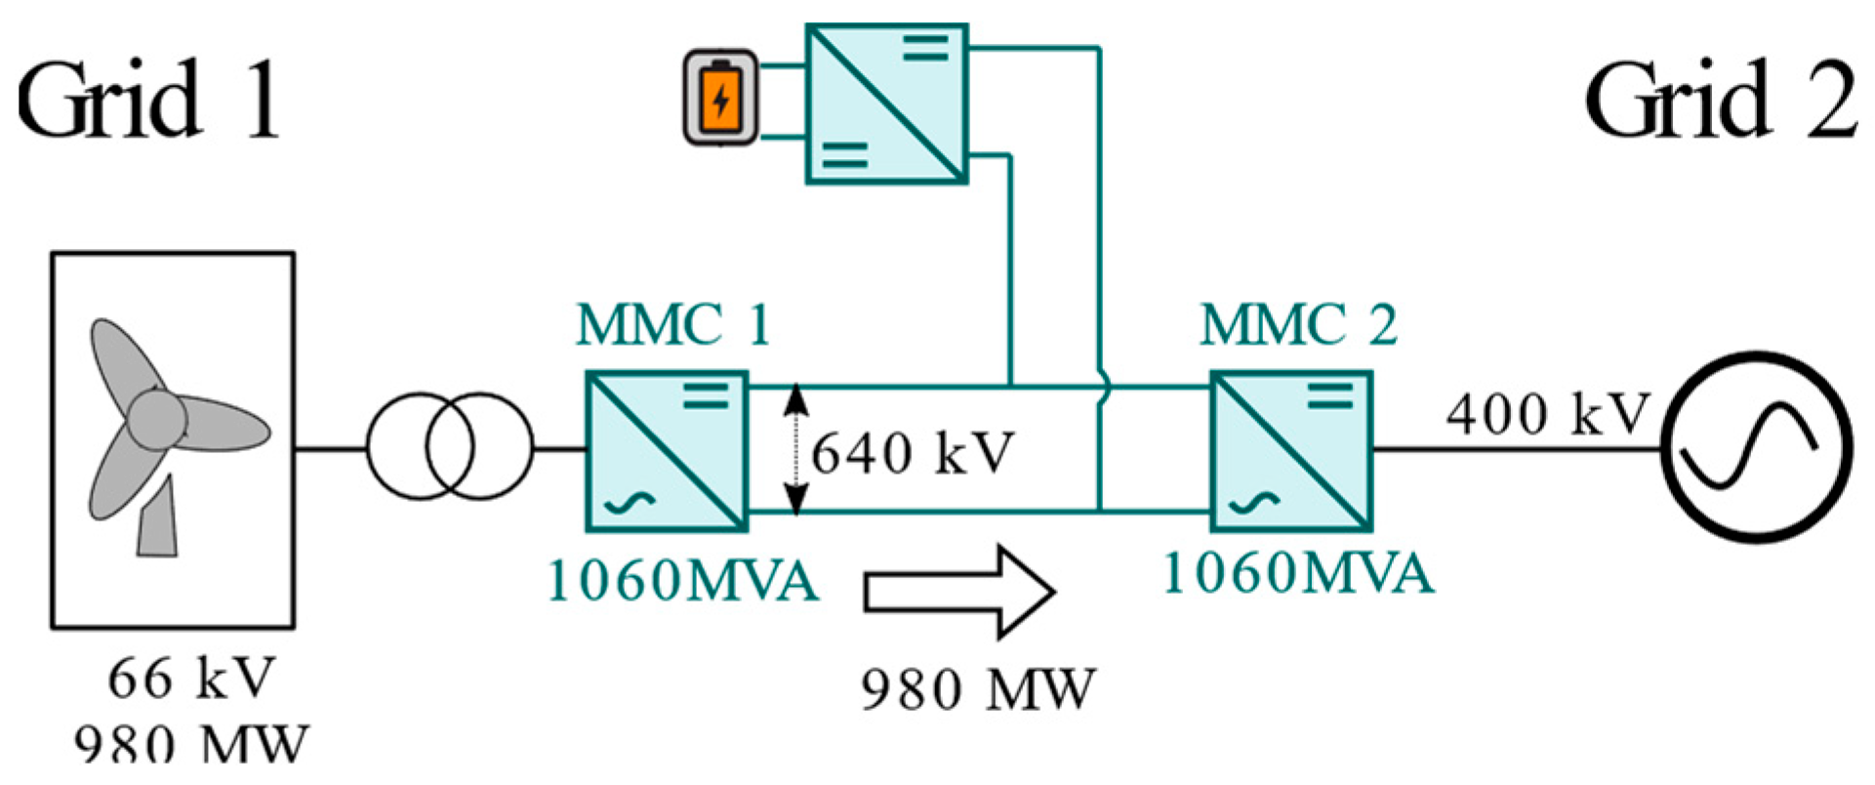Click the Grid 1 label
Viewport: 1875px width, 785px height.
click(x=148, y=100)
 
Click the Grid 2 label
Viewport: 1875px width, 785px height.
click(x=1720, y=100)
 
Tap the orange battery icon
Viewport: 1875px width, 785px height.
click(x=720, y=99)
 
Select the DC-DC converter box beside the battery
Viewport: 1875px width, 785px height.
click(x=886, y=104)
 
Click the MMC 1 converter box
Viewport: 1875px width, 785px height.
click(x=667, y=451)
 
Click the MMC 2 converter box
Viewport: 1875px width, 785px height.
click(x=1291, y=451)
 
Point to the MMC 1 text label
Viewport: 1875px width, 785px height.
click(x=673, y=325)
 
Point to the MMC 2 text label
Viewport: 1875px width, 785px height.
click(x=1298, y=325)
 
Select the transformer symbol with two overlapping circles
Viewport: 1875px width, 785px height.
click(x=450, y=448)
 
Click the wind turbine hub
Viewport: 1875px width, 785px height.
click(x=156, y=420)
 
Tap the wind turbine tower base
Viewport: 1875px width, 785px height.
click(x=157, y=527)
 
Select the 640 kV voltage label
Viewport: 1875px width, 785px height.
click(x=914, y=453)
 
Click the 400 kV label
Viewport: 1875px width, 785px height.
click(x=1547, y=413)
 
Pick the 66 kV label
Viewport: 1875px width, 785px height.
click(x=191, y=678)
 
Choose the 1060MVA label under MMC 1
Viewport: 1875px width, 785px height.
click(x=682, y=581)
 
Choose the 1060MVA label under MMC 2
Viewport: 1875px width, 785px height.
click(x=1298, y=573)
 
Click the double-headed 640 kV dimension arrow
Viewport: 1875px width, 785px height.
click(x=796, y=450)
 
